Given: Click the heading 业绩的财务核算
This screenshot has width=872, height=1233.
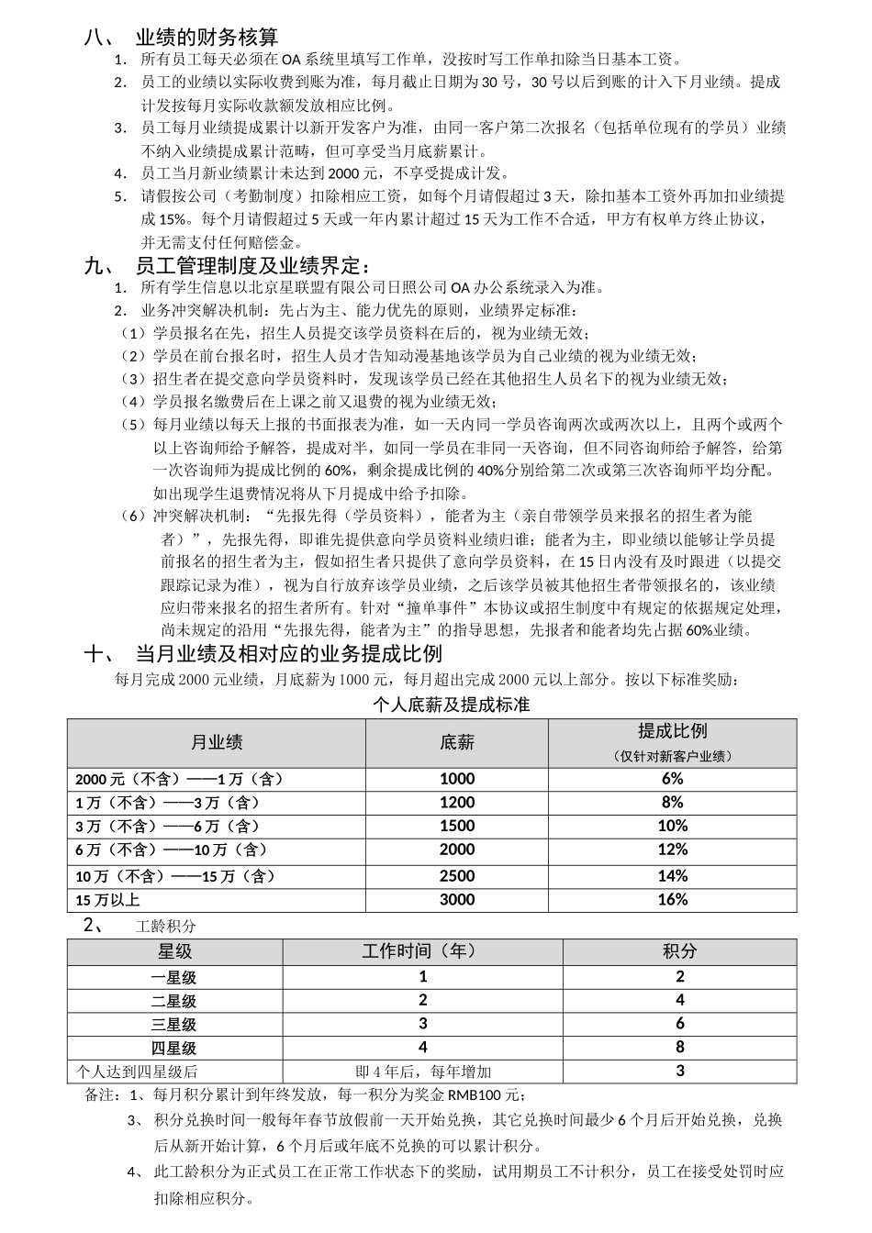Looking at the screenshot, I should click(x=207, y=38).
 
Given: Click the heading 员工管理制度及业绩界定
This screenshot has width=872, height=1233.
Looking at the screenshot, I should click(x=252, y=267).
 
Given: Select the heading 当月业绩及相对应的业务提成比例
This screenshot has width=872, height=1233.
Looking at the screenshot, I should click(x=288, y=654).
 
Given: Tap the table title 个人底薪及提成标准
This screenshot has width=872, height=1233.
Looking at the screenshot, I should click(x=452, y=705).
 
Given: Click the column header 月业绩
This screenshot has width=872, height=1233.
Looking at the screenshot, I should click(x=217, y=743).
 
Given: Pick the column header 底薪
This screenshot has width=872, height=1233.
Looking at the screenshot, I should click(x=457, y=743).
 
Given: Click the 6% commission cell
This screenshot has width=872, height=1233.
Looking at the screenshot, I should click(x=672, y=779).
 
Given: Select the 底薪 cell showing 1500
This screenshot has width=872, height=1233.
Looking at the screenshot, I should click(x=457, y=827).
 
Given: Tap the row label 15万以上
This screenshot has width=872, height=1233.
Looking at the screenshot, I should click(x=107, y=900).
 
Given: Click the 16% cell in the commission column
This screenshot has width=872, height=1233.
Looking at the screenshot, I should click(x=672, y=900).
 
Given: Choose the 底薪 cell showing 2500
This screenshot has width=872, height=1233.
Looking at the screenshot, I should click(x=457, y=876).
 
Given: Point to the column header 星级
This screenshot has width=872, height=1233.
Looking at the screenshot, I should click(x=174, y=951).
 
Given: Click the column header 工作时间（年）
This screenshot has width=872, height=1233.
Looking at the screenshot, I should click(x=422, y=951).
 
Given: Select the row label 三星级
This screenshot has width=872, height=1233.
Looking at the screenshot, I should click(x=174, y=1024).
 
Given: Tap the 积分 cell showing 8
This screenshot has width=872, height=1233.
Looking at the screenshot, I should click(x=680, y=1047).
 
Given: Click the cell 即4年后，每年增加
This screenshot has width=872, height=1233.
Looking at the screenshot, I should click(x=423, y=1072).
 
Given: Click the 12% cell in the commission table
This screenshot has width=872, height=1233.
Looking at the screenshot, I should click(x=672, y=850).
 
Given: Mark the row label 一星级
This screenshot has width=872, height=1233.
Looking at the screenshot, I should click(x=174, y=977).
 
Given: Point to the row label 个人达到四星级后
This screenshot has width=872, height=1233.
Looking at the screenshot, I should click(x=137, y=1072).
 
